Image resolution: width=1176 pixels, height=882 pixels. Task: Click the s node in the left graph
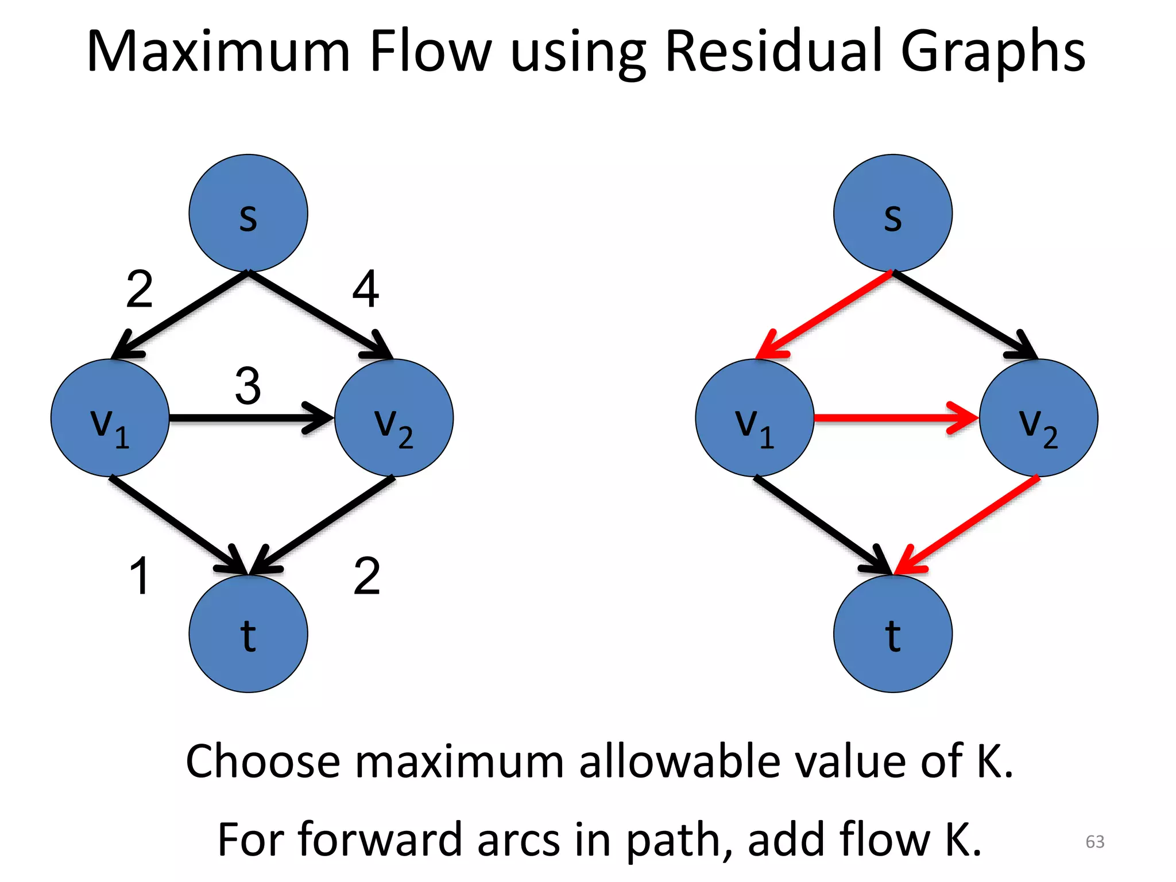pos(248,213)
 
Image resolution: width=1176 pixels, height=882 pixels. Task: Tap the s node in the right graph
pos(892,213)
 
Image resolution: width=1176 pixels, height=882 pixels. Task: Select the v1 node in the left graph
pos(110,417)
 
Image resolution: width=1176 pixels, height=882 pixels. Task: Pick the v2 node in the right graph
pos(1038,417)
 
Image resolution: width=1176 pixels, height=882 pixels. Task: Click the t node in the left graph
pos(248,633)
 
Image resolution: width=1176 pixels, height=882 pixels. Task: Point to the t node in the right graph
pos(892,633)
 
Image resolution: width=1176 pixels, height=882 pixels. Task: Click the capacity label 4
pos(366,289)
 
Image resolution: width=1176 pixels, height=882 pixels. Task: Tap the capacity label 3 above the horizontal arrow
pos(248,386)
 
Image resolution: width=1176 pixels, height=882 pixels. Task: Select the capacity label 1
pos(140,576)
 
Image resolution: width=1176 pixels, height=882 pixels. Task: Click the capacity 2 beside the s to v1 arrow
pos(140,289)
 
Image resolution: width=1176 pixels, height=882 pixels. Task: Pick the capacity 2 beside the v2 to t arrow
pos(367,576)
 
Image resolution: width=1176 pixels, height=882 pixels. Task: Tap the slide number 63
pos(1094,841)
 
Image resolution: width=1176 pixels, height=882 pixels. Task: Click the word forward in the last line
pos(380,840)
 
